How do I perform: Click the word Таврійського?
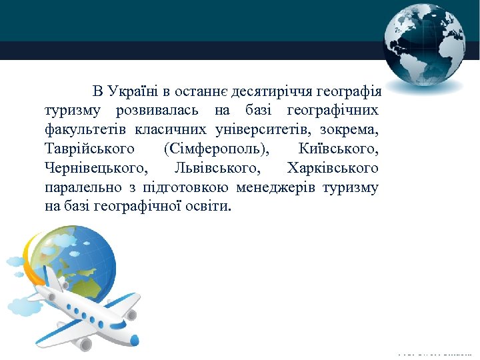coord(89,149)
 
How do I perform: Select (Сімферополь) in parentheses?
coord(215,149)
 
